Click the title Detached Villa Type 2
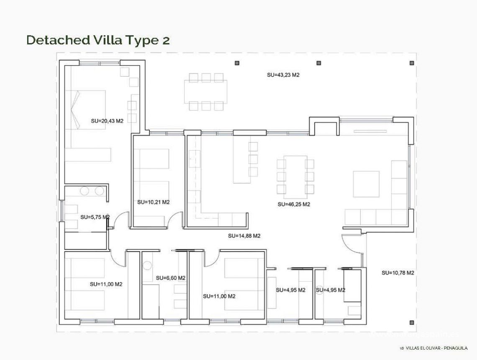point(98,40)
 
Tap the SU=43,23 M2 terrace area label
point(283,75)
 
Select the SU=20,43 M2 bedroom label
point(107,121)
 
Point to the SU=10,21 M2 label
point(153,202)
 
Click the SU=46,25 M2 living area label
point(294,204)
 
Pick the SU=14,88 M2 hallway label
point(244,236)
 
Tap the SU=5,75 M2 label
point(95,217)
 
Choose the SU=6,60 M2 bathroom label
point(170,278)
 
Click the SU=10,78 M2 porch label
point(397,273)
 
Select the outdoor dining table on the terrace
point(205,91)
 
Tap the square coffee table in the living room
point(366,184)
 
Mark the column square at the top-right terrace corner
point(412,63)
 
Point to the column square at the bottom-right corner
point(412,322)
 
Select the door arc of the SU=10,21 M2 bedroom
point(176,219)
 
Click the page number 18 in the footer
point(402,348)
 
